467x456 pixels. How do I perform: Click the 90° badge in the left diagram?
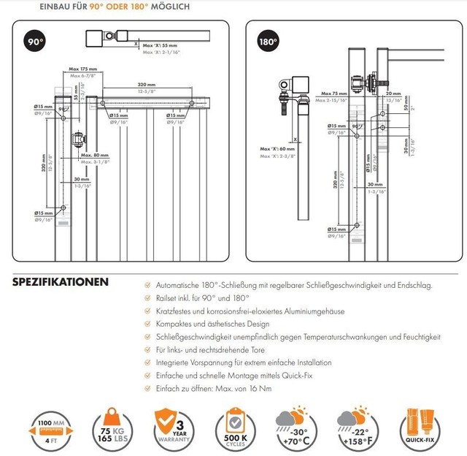[34, 42]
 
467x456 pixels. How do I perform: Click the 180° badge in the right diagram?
[268, 42]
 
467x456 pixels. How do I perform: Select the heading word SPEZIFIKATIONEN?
[61, 282]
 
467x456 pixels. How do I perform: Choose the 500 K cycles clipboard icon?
[234, 425]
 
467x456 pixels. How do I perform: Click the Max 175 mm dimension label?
[83, 69]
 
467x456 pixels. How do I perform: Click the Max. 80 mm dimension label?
[95, 155]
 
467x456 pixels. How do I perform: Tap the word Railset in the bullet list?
[170, 298]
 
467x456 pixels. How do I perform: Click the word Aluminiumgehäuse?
[312, 311]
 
